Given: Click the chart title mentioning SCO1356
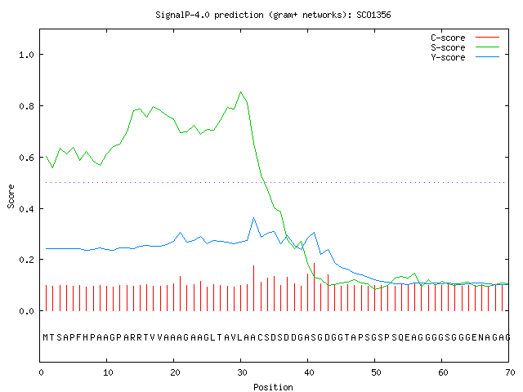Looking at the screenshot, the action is [x=273, y=15].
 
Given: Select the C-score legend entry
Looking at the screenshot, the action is [x=465, y=38].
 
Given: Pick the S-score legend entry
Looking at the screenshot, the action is [x=465, y=47].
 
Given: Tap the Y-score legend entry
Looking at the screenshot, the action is [x=465, y=57].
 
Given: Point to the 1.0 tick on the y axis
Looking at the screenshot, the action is [x=27, y=55].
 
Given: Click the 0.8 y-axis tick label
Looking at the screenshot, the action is [x=27, y=106].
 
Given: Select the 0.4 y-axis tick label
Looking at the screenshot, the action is [x=27, y=209].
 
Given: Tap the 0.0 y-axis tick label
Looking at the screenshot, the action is [x=27, y=311].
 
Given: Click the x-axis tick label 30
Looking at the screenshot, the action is [x=242, y=372].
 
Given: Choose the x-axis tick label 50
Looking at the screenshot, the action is [x=376, y=372].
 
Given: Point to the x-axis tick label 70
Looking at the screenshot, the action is [x=510, y=372].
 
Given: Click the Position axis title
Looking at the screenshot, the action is [x=273, y=387].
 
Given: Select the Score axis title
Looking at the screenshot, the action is [x=11, y=196].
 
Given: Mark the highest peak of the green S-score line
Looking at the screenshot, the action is [x=241, y=91].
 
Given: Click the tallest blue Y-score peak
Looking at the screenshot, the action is [x=254, y=218].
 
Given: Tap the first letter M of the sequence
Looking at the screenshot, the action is [x=46, y=337].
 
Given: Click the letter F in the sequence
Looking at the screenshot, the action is [x=79, y=337].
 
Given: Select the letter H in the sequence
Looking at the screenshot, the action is [x=86, y=337].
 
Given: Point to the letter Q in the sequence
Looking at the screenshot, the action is [x=400, y=337].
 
